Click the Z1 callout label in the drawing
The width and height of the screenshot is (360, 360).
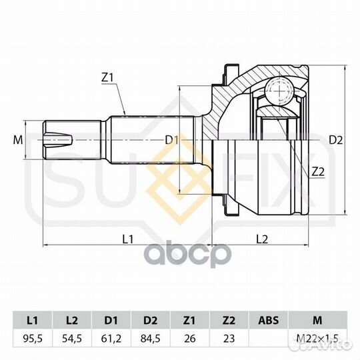[107, 78]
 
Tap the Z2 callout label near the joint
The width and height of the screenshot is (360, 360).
[318, 171]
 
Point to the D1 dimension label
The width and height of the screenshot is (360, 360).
[172, 140]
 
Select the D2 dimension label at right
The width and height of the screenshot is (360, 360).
[335, 140]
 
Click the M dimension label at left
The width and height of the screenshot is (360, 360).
[18, 140]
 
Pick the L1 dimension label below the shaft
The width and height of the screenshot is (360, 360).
[127, 239]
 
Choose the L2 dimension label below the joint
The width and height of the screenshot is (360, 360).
[262, 239]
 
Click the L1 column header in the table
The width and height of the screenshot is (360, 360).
[33, 320]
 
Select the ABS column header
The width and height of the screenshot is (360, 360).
[269, 320]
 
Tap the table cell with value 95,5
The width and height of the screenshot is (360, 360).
[33, 339]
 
